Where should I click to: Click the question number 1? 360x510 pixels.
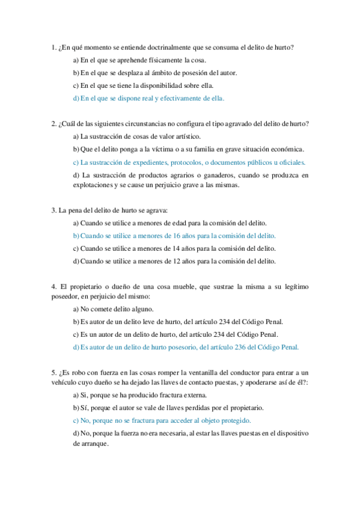coord(53,47)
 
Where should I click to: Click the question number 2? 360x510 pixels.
coord(53,124)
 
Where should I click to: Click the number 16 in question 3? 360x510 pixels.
coord(161,236)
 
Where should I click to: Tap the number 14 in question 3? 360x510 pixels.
coord(161,248)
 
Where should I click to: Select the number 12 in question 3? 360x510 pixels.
coord(161,261)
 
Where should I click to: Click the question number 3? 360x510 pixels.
coord(53,210)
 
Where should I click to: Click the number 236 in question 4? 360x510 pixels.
coord(234,347)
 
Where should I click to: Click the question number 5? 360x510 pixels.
coord(53,373)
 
